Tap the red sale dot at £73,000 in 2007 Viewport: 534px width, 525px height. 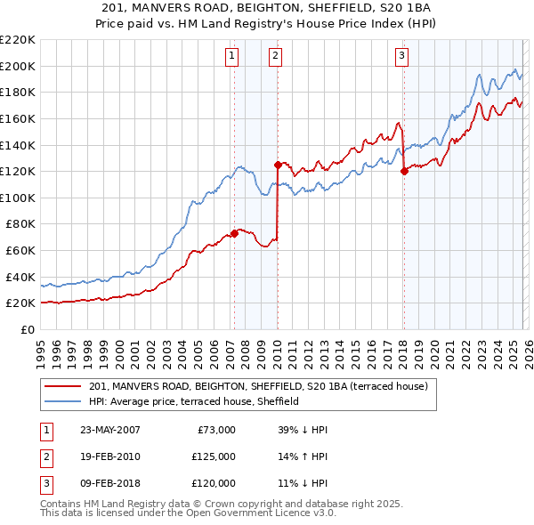pyautogui.click(x=235, y=233)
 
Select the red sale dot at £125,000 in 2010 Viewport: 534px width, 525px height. pyautogui.click(x=278, y=164)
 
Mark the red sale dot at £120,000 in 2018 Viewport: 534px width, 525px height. pyautogui.click(x=404, y=171)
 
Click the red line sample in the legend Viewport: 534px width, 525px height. pyautogui.click(x=64, y=386)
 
